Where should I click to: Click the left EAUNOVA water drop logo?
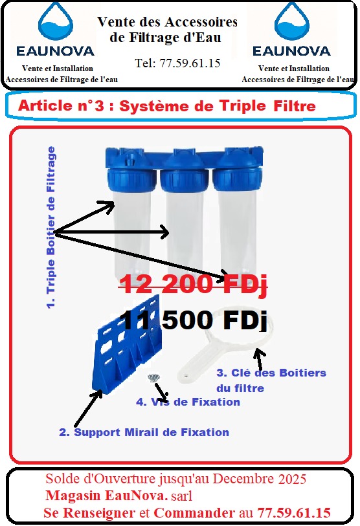pyautogui.click(x=57, y=24)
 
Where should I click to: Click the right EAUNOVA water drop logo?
pyautogui.click(x=293, y=24)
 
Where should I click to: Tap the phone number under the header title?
pyautogui.click(x=177, y=63)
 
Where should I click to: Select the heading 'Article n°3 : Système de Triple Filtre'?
pyautogui.click(x=167, y=106)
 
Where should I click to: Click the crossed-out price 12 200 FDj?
pyautogui.click(x=192, y=283)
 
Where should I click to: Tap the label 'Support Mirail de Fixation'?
pyautogui.click(x=144, y=432)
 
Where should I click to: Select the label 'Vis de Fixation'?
pyautogui.click(x=188, y=402)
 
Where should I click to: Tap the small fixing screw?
pyautogui.click(x=153, y=378)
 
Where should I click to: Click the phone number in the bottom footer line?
pyautogui.click(x=294, y=512)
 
